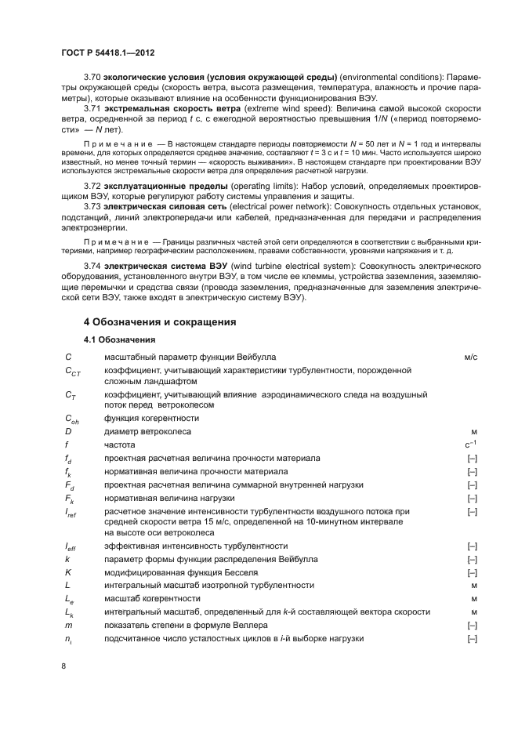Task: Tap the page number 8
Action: point(63,666)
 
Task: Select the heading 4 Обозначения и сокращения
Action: point(161,322)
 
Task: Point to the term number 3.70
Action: point(93,76)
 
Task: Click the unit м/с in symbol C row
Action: point(470,357)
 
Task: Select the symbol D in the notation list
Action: point(68,431)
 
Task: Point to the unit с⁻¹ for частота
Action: point(471,444)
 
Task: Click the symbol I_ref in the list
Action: point(70,513)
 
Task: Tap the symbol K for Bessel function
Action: point(68,572)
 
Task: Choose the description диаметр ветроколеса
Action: point(147,431)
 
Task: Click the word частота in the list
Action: point(120,445)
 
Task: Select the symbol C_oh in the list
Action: point(71,419)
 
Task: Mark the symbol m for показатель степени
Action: point(68,625)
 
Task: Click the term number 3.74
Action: point(93,267)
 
